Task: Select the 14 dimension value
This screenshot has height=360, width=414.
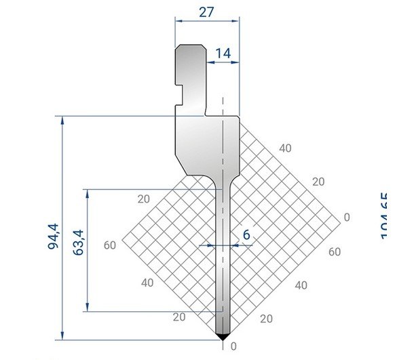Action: [223, 53]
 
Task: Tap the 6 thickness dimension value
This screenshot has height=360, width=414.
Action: [246, 235]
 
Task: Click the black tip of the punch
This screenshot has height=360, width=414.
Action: [223, 336]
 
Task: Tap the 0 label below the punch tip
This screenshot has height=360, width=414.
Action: [234, 346]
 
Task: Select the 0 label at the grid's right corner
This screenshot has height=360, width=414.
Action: [347, 217]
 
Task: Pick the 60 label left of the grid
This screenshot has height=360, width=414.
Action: [111, 245]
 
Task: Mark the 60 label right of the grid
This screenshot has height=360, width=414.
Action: [333, 252]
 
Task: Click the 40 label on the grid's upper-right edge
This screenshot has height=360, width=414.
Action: [285, 148]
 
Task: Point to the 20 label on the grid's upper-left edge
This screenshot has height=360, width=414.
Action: [143, 199]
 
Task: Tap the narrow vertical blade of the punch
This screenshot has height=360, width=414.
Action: [223, 271]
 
